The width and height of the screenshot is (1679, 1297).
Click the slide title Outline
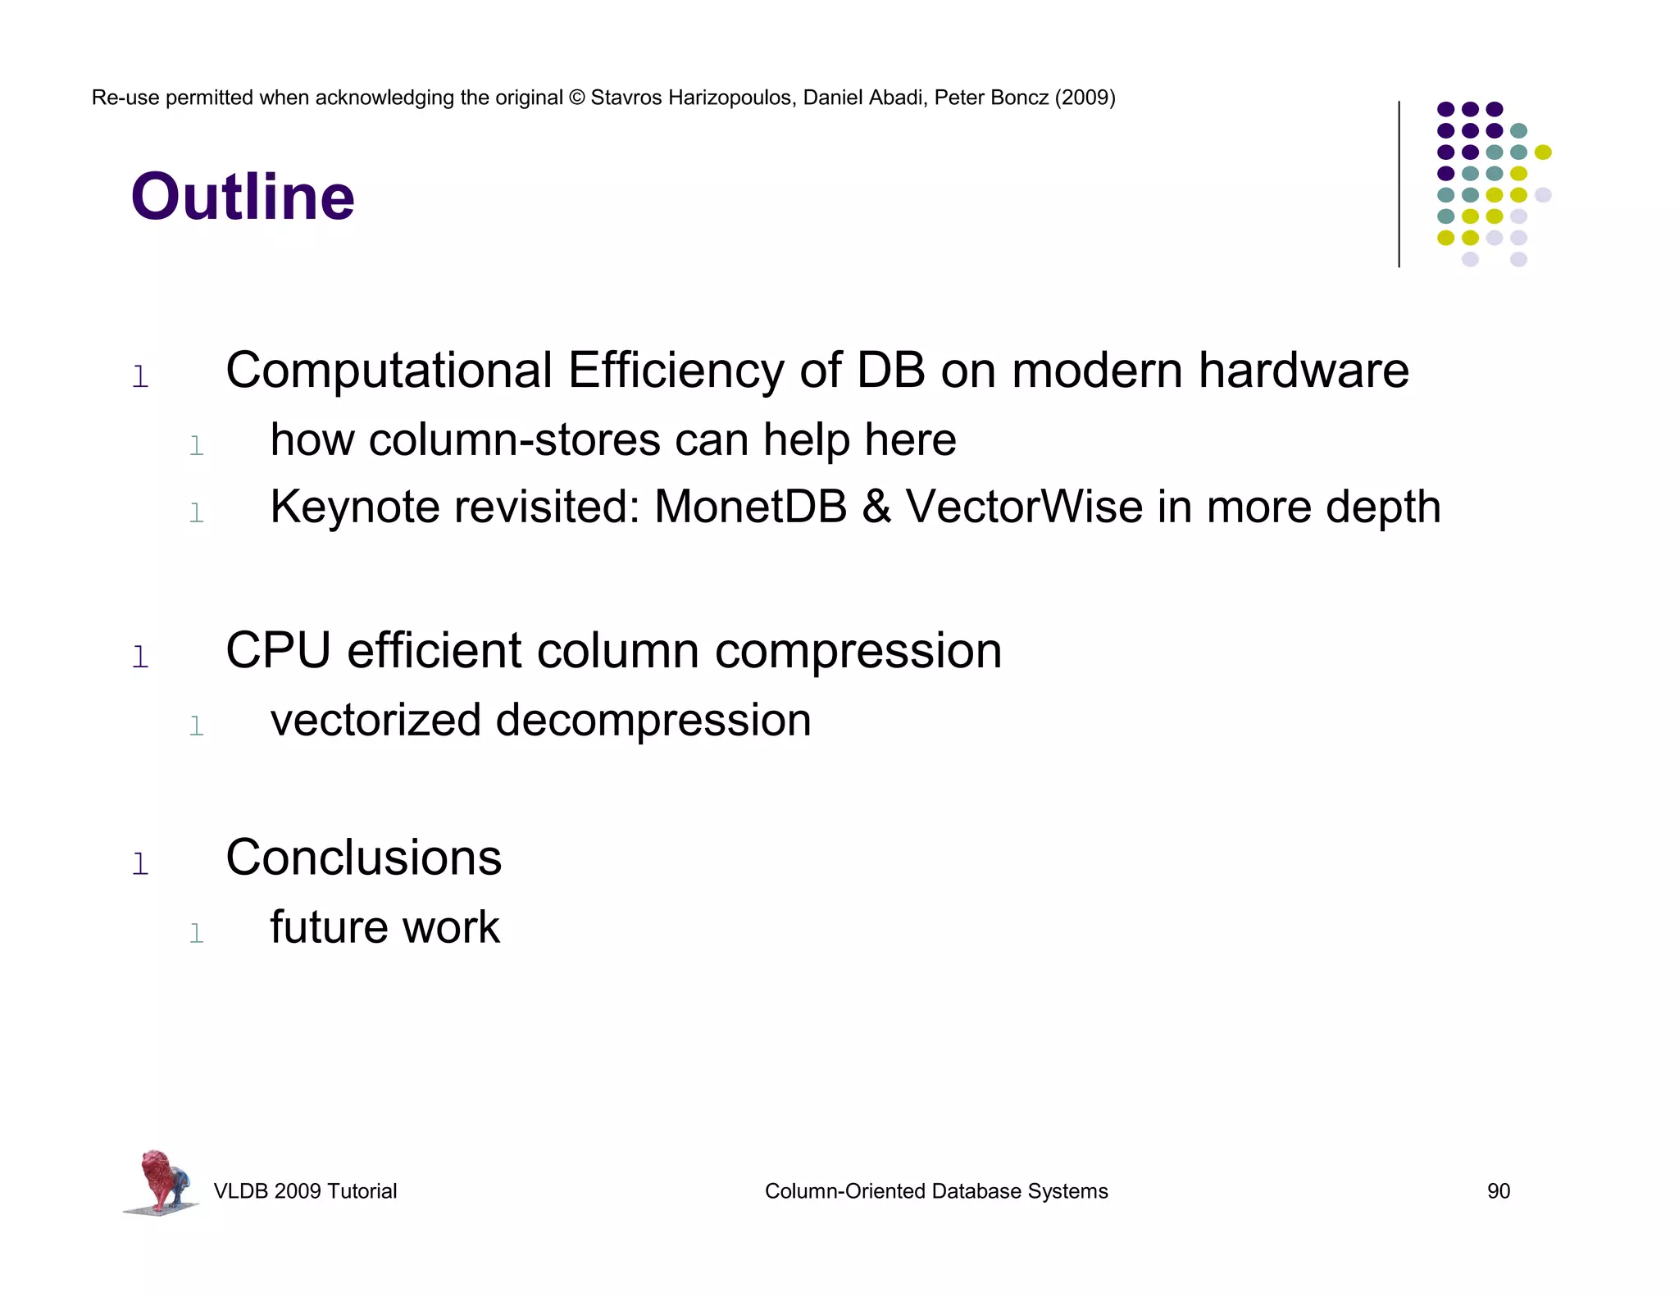click(x=243, y=198)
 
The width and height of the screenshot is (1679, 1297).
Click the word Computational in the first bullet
click(x=389, y=371)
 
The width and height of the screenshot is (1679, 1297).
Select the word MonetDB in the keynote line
click(x=750, y=507)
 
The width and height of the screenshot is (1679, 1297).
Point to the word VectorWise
click(x=1024, y=507)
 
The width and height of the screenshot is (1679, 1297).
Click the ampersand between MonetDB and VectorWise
click(x=876, y=507)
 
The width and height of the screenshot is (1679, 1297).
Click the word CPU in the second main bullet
click(x=278, y=651)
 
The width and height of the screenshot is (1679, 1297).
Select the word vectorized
click(x=375, y=721)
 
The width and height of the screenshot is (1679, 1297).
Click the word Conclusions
click(x=363, y=858)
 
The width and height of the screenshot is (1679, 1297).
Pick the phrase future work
click(x=384, y=927)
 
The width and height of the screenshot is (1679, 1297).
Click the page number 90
click(x=1498, y=1191)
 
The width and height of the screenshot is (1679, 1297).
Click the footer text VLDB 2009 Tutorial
click(x=305, y=1191)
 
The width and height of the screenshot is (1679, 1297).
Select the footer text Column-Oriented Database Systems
click(x=935, y=1191)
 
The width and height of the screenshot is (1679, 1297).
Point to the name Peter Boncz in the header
click(x=991, y=98)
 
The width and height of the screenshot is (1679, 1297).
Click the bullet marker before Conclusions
click(x=140, y=863)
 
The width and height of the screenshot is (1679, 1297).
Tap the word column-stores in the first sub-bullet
click(x=514, y=440)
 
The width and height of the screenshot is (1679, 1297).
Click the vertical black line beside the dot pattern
click(x=1399, y=184)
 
